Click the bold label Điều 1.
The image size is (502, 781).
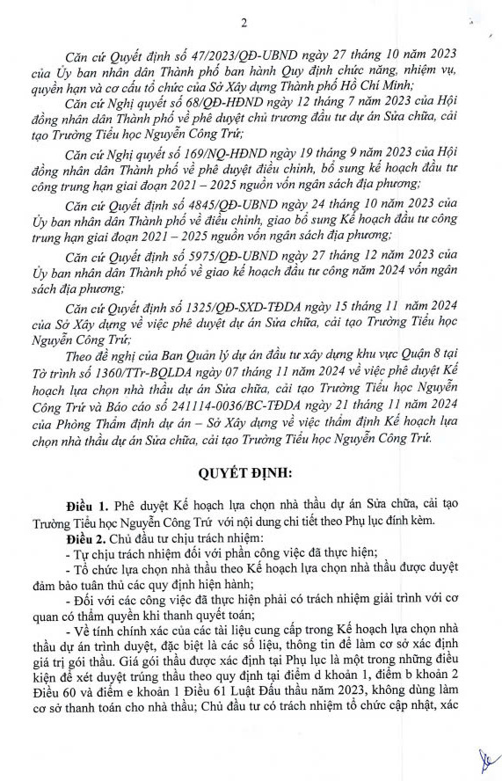click(90, 507)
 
